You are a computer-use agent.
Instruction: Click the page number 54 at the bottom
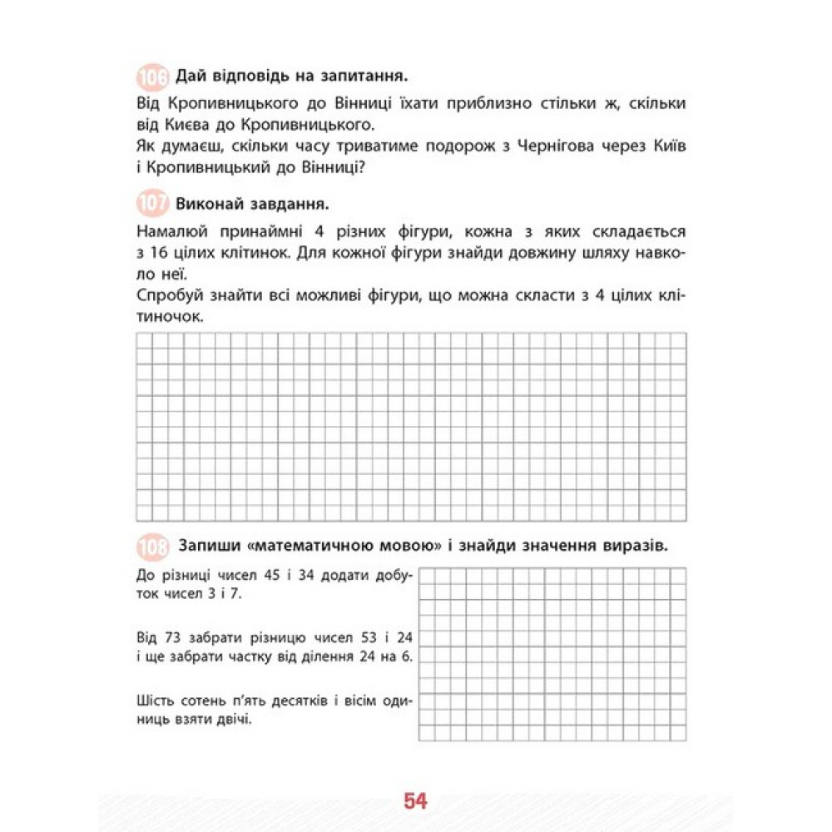pyautogui.click(x=415, y=801)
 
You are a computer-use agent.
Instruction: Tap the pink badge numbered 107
pyautogui.click(x=151, y=204)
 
